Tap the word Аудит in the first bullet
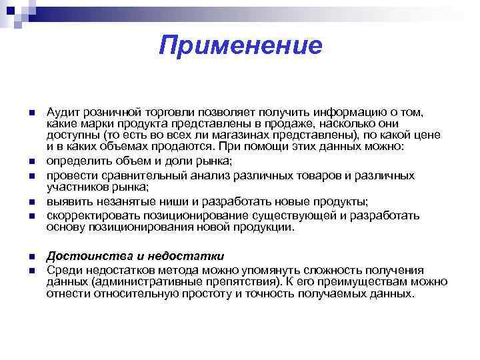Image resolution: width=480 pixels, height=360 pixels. coord(61,111)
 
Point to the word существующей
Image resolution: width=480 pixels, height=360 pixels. coord(312,215)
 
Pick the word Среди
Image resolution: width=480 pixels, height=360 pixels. coord(61,270)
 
